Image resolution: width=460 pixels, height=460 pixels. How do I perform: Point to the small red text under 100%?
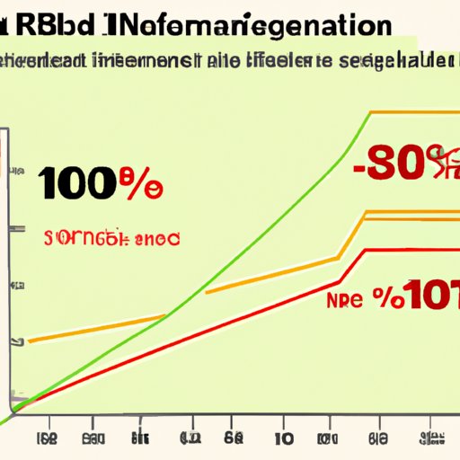point(111,239)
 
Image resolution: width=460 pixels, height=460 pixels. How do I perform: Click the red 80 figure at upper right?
point(395,164)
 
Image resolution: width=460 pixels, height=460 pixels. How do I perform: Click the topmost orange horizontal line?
point(413,112)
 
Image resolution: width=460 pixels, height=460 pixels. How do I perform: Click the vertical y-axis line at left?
point(10,270)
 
